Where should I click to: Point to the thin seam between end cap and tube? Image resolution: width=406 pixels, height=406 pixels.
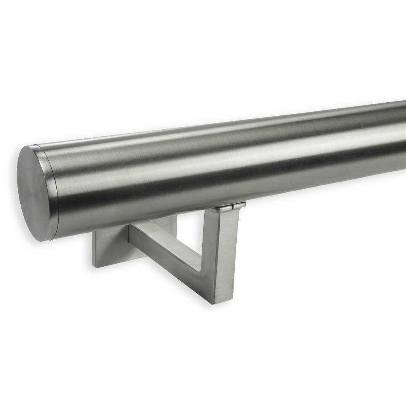[x=55, y=190]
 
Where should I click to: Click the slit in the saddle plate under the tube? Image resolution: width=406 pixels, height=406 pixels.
[x=232, y=206]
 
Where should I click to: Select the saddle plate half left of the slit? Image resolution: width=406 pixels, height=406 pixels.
[x=224, y=207]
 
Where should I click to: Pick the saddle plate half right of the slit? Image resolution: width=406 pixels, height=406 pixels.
[x=239, y=205]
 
